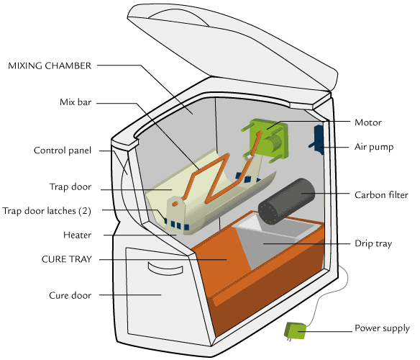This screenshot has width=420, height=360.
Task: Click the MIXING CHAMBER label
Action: coord(50,66)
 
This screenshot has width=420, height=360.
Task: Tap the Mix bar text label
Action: coord(76,102)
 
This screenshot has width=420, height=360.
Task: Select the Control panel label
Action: coord(63,150)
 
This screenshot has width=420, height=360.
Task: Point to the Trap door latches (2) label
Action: coord(47,211)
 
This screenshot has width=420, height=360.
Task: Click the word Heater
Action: coord(78,235)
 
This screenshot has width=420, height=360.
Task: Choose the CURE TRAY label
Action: coord(67,259)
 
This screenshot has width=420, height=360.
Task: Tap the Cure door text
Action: coord(70,295)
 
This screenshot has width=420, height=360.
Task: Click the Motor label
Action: coord(368,122)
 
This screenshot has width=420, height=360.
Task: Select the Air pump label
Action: coord(374,147)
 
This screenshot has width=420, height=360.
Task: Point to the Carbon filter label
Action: coord(381,195)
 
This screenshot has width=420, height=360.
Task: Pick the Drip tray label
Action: coord(373,243)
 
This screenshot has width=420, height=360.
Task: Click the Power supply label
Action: coord(382,328)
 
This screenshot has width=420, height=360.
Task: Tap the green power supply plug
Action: coord(295,330)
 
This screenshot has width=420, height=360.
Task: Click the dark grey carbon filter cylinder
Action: coord(286,202)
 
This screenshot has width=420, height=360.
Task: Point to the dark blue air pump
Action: coord(318,140)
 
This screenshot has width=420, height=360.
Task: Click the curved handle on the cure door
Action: coord(165,269)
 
